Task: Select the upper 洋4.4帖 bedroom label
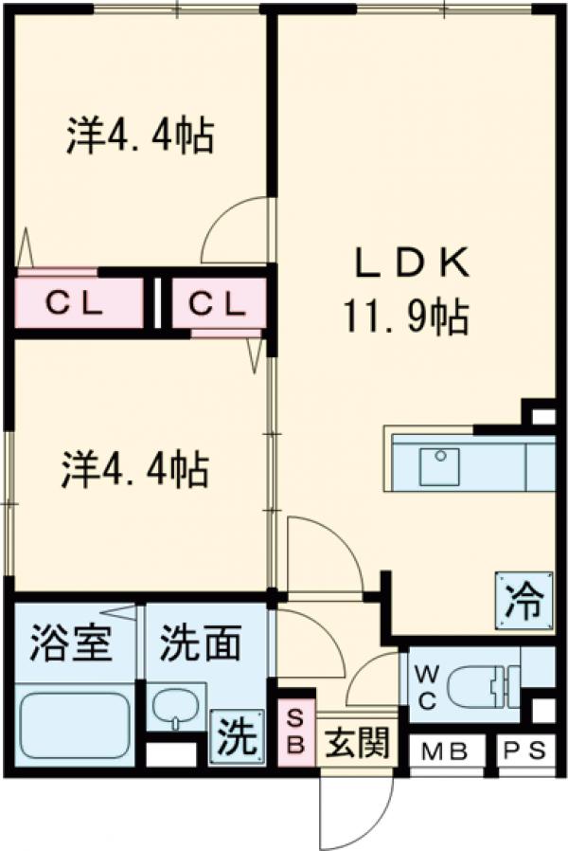pyautogui.click(x=138, y=136)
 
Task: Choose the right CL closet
pyautogui.click(x=217, y=304)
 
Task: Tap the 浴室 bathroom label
pyautogui.click(x=70, y=645)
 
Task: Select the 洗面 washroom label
pyautogui.click(x=199, y=645)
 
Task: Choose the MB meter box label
pyautogui.click(x=445, y=754)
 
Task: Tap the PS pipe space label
pyautogui.click(x=524, y=754)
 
